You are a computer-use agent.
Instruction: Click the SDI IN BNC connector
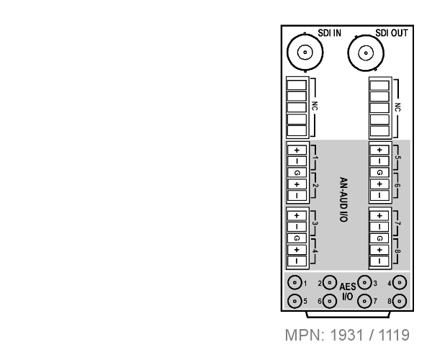pyautogui.click(x=305, y=53)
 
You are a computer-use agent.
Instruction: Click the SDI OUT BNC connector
pyautogui.click(x=366, y=53)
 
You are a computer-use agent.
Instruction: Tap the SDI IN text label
pyautogui.click(x=330, y=33)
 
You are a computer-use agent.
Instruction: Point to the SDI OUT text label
pyautogui.click(x=392, y=33)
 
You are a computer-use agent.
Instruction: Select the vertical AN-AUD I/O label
pyautogui.click(x=343, y=199)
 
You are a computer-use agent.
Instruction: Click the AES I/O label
pyautogui.click(x=348, y=292)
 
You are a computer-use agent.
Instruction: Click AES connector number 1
pyautogui.click(x=294, y=283)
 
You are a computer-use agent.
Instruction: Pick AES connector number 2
pyautogui.click(x=330, y=283)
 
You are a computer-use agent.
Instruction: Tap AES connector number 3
pyautogui.click(x=365, y=283)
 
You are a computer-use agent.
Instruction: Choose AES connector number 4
pyautogui.click(x=400, y=283)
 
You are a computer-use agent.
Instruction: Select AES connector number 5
pyautogui.click(x=294, y=301)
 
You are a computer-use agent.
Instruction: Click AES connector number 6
pyautogui.click(x=330, y=301)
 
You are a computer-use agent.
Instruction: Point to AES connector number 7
pyautogui.click(x=365, y=301)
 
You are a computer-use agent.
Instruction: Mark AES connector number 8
pyautogui.click(x=400, y=301)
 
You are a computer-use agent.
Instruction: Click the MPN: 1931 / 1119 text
pyautogui.click(x=347, y=335)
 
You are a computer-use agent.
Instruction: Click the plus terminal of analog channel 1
pyautogui.click(x=297, y=150)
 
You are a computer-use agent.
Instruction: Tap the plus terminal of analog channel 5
pyautogui.click(x=379, y=150)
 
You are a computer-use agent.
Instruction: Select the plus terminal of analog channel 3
pyautogui.click(x=297, y=216)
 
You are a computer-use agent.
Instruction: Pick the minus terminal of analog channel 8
pyautogui.click(x=379, y=261)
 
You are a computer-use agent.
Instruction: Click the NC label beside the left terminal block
pyautogui.click(x=315, y=107)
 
